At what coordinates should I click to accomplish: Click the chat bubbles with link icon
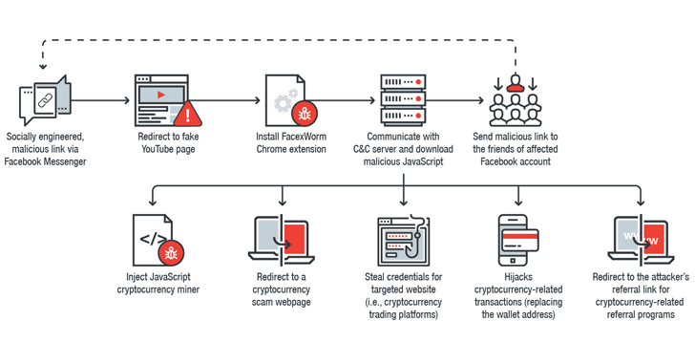(x=45, y=100)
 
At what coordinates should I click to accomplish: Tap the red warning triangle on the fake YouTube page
(x=187, y=115)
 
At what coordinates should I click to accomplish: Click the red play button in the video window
(x=161, y=95)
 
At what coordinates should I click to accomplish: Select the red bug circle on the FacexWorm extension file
(x=304, y=114)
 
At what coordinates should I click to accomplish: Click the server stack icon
(x=403, y=100)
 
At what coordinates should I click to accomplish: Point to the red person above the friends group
(x=516, y=83)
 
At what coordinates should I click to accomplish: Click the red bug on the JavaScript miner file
(x=171, y=253)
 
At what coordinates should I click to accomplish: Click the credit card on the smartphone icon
(x=519, y=240)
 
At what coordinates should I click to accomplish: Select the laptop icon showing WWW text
(x=641, y=240)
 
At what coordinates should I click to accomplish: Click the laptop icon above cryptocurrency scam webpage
(x=282, y=240)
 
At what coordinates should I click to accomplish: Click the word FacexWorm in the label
(x=304, y=137)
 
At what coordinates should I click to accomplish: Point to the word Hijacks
(x=518, y=277)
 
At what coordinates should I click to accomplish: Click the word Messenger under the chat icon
(x=64, y=162)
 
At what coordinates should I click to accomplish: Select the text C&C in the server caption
(x=363, y=149)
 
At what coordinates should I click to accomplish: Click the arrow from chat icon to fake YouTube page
(x=100, y=100)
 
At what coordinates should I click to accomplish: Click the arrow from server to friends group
(x=454, y=100)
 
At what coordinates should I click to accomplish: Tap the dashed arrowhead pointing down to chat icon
(x=43, y=67)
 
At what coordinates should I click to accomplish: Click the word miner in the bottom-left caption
(x=188, y=289)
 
